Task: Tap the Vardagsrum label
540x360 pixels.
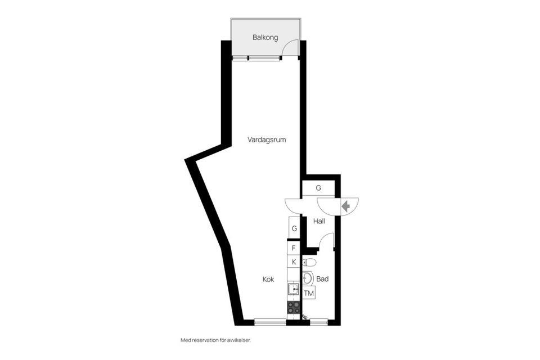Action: [267, 140]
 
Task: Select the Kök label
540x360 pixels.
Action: [268, 279]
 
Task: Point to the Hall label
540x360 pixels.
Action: [319, 221]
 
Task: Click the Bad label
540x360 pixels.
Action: [322, 279]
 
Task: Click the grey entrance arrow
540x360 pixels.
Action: [346, 206]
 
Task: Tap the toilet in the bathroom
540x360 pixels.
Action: [309, 262]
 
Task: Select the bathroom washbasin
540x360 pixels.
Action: [307, 278]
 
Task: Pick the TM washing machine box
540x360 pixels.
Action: [309, 293]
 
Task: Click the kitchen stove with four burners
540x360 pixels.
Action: [294, 307]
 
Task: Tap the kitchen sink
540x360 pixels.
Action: [294, 290]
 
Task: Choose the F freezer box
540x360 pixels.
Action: [294, 247]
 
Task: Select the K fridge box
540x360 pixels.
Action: [294, 262]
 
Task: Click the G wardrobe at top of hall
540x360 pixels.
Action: [318, 188]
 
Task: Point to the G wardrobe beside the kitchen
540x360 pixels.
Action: [294, 229]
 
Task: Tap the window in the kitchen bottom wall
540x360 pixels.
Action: [270, 322]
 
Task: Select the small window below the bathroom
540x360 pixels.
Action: [319, 322]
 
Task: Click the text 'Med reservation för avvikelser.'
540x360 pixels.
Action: [214, 340]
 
